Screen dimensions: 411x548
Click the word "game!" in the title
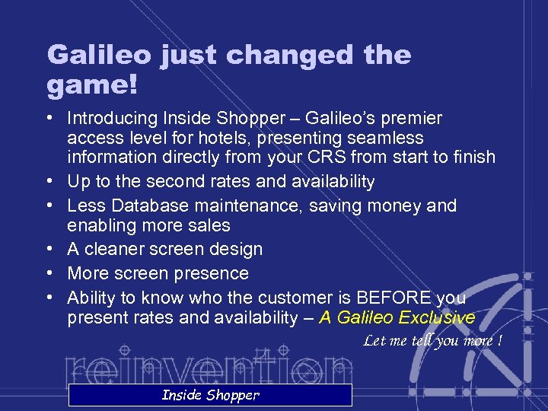(92, 84)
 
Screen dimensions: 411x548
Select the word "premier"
(413, 119)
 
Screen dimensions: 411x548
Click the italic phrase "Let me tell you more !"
(432, 340)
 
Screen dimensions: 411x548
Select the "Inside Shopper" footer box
(210, 394)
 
